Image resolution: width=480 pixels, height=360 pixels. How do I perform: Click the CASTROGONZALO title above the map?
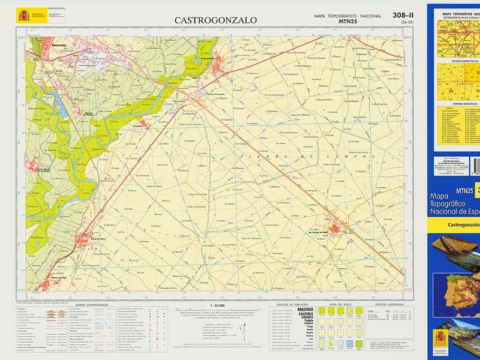(215, 20)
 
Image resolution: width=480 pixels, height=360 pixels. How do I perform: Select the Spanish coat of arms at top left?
(23, 16)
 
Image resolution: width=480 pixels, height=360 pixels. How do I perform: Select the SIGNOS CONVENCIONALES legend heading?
(92, 305)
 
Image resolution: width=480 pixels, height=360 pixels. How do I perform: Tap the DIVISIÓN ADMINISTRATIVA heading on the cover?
(457, 61)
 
